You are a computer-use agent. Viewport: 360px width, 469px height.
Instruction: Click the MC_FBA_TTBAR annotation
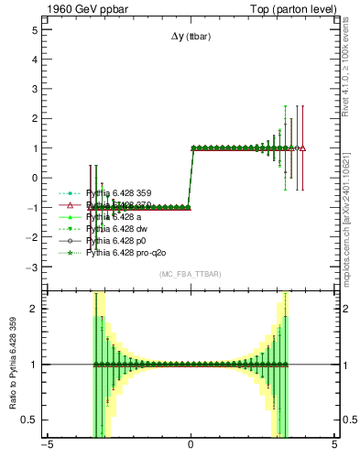click(190, 274)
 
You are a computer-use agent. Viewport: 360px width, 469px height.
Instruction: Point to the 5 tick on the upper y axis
click(34, 30)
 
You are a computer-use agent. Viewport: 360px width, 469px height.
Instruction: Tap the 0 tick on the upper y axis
click(34, 178)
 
